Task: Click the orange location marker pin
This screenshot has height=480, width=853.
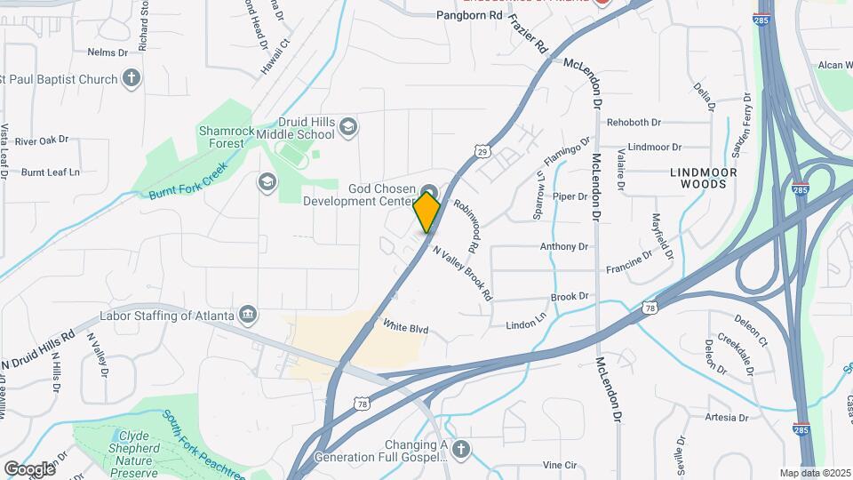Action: (x=427, y=212)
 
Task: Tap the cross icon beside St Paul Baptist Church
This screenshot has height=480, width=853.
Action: (x=132, y=78)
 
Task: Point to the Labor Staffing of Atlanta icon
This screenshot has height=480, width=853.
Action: (x=249, y=316)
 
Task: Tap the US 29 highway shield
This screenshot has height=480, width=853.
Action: (x=482, y=152)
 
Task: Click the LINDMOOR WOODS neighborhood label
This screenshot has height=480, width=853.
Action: (x=703, y=177)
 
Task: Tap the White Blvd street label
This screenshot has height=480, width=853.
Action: (x=405, y=329)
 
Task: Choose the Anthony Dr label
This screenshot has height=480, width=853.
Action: (x=564, y=246)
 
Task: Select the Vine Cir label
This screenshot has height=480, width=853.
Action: (x=560, y=465)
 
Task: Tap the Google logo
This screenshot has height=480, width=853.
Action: (x=29, y=468)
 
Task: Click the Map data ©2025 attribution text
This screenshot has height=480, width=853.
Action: (x=815, y=473)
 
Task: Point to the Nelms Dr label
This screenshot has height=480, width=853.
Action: (x=108, y=52)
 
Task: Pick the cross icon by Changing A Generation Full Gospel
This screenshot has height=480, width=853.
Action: (x=460, y=450)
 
